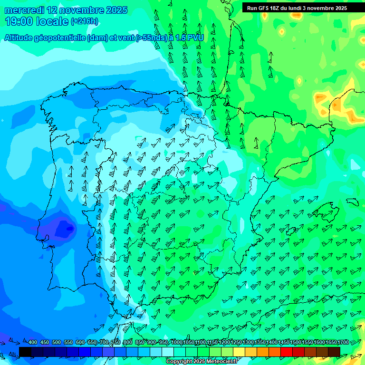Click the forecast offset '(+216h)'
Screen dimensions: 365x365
point(84,21)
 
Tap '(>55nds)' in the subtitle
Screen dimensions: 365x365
point(151,38)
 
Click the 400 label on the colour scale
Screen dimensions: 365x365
point(33,343)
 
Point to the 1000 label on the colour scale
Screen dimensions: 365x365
point(176,343)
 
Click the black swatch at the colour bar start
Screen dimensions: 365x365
point(25,351)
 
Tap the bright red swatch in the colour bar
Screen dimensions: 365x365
point(287,351)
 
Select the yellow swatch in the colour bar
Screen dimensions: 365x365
point(239,351)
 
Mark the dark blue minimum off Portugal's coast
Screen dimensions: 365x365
point(62,228)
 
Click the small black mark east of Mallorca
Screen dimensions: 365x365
point(352,202)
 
